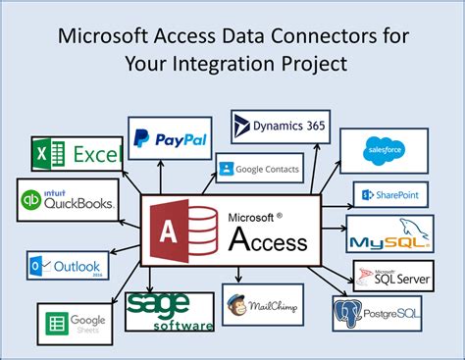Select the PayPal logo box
tap(170, 137)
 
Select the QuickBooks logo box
tap(67, 201)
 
